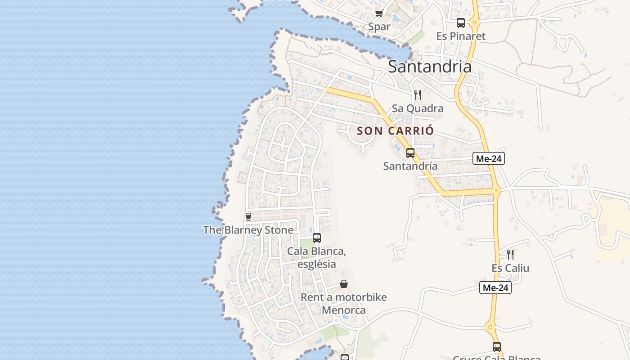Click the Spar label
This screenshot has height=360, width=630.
pos(379,27)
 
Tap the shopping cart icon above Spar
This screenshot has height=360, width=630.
pos(379,13)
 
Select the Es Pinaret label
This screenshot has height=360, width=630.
pos(461,36)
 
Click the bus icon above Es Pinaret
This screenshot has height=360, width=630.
pos(460,22)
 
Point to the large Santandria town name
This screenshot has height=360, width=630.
pos(429,67)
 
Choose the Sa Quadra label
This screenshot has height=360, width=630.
pos(417,108)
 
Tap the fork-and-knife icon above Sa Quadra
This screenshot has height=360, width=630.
pos(418,94)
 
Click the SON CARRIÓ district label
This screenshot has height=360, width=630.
pos(396,131)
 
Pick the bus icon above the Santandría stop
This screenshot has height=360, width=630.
pos(410,153)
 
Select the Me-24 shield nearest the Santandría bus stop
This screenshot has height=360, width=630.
pos(489,158)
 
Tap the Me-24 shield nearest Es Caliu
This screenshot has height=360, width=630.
pos(495,288)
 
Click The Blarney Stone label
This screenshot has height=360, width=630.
pos(248,230)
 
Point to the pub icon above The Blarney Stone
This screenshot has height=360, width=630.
pos(248,217)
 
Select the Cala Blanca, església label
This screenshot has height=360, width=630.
pos(316,257)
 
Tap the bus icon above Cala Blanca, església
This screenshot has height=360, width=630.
pos(316,238)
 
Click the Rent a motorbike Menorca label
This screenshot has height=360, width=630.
pos(343,304)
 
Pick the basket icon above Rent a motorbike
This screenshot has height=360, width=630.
pos(343,284)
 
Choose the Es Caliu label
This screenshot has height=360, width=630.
pos(510,268)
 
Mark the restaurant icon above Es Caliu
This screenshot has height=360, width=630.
pos(510,255)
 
